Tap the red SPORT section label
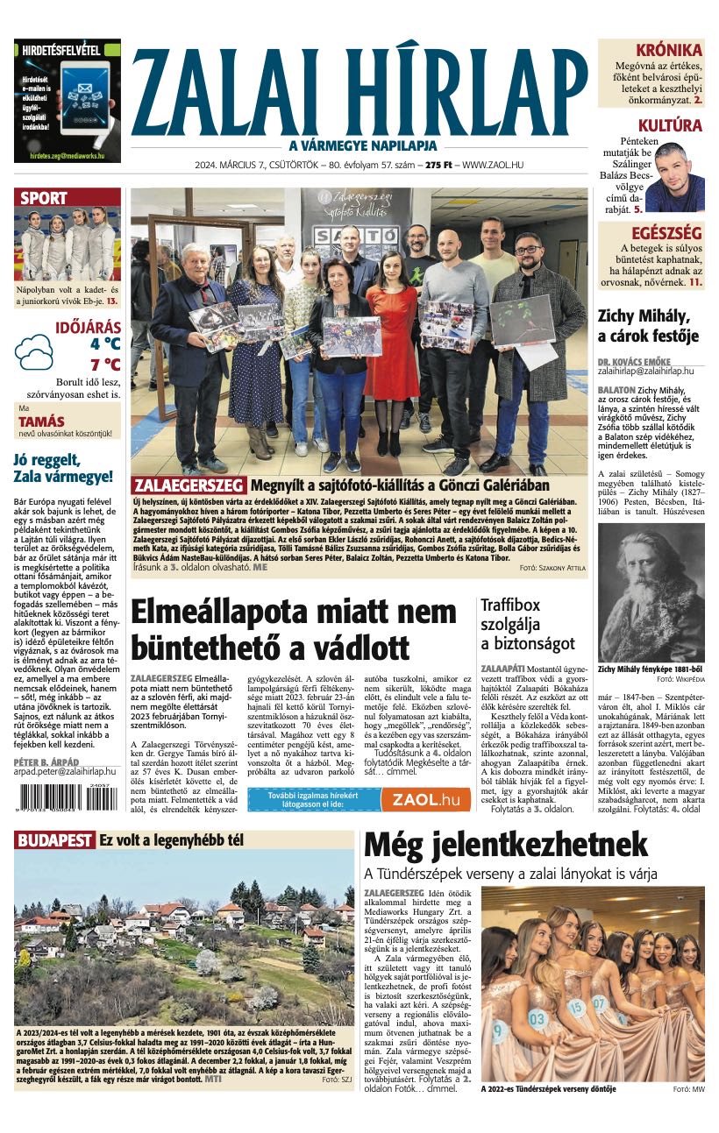(x=44, y=198)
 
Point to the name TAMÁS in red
(x=41, y=421)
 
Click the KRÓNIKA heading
(x=668, y=50)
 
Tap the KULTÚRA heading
(x=670, y=125)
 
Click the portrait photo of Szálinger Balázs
(x=673, y=177)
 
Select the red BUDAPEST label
(x=54, y=841)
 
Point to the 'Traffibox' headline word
(x=509, y=605)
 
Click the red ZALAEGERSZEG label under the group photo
(x=189, y=485)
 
